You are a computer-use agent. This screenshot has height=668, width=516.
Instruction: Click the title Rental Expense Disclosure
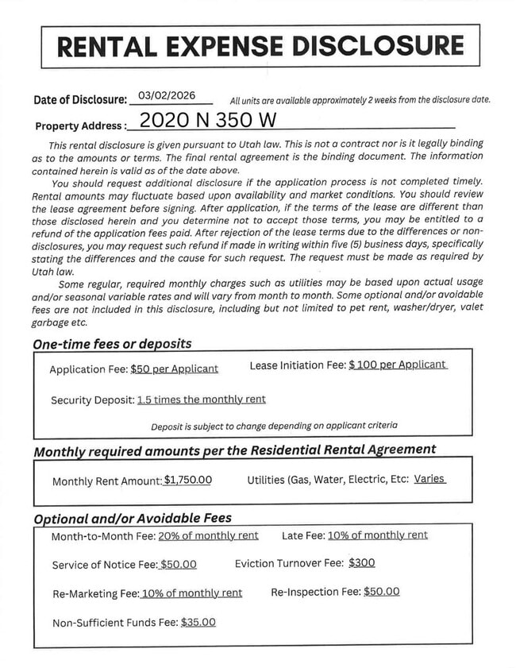260,46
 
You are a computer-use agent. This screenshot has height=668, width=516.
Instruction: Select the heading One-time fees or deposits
112,344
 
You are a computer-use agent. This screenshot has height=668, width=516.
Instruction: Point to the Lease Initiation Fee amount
398,365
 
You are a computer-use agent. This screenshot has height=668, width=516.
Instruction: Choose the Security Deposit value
202,400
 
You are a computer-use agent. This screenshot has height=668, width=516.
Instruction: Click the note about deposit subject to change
274,426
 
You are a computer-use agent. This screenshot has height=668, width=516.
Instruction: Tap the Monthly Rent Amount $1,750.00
187,481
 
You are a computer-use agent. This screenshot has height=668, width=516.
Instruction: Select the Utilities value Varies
429,479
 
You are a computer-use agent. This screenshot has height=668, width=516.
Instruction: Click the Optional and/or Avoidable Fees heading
133,518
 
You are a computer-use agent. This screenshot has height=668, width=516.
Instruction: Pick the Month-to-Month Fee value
208,535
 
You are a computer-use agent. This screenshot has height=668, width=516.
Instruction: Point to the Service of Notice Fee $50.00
178,565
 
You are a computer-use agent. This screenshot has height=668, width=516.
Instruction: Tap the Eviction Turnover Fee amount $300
361,562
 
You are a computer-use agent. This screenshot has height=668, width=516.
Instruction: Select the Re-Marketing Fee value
191,593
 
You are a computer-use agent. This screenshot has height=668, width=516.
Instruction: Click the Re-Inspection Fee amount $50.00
381,592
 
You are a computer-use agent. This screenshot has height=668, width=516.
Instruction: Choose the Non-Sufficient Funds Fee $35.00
198,622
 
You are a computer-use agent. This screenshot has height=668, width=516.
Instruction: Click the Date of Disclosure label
80,100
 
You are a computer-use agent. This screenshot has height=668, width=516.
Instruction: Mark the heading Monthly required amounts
234,450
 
